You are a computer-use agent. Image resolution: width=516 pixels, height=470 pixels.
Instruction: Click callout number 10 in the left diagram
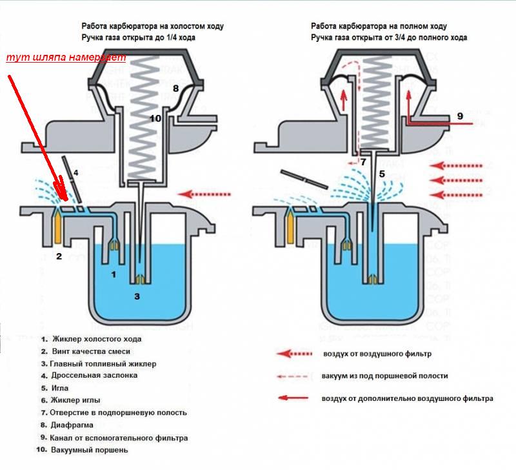click(155, 118)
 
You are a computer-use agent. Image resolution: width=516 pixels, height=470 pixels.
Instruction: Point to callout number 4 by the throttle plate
click(75, 172)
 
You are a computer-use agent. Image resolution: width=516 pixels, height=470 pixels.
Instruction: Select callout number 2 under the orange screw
click(59, 256)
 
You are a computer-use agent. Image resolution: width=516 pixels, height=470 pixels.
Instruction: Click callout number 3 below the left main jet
click(137, 296)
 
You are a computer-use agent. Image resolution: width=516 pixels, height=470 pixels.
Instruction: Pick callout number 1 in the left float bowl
click(114, 274)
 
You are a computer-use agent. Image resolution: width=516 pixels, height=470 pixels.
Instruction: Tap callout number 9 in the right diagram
click(460, 116)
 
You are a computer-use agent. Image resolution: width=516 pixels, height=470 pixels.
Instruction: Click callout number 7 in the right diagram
click(363, 162)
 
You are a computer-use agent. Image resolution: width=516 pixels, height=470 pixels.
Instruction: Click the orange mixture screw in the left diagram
click(58, 227)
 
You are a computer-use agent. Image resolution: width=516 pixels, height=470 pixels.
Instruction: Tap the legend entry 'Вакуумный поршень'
click(90, 449)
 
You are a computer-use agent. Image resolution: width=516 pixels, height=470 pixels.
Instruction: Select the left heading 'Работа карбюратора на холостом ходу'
click(152, 26)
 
